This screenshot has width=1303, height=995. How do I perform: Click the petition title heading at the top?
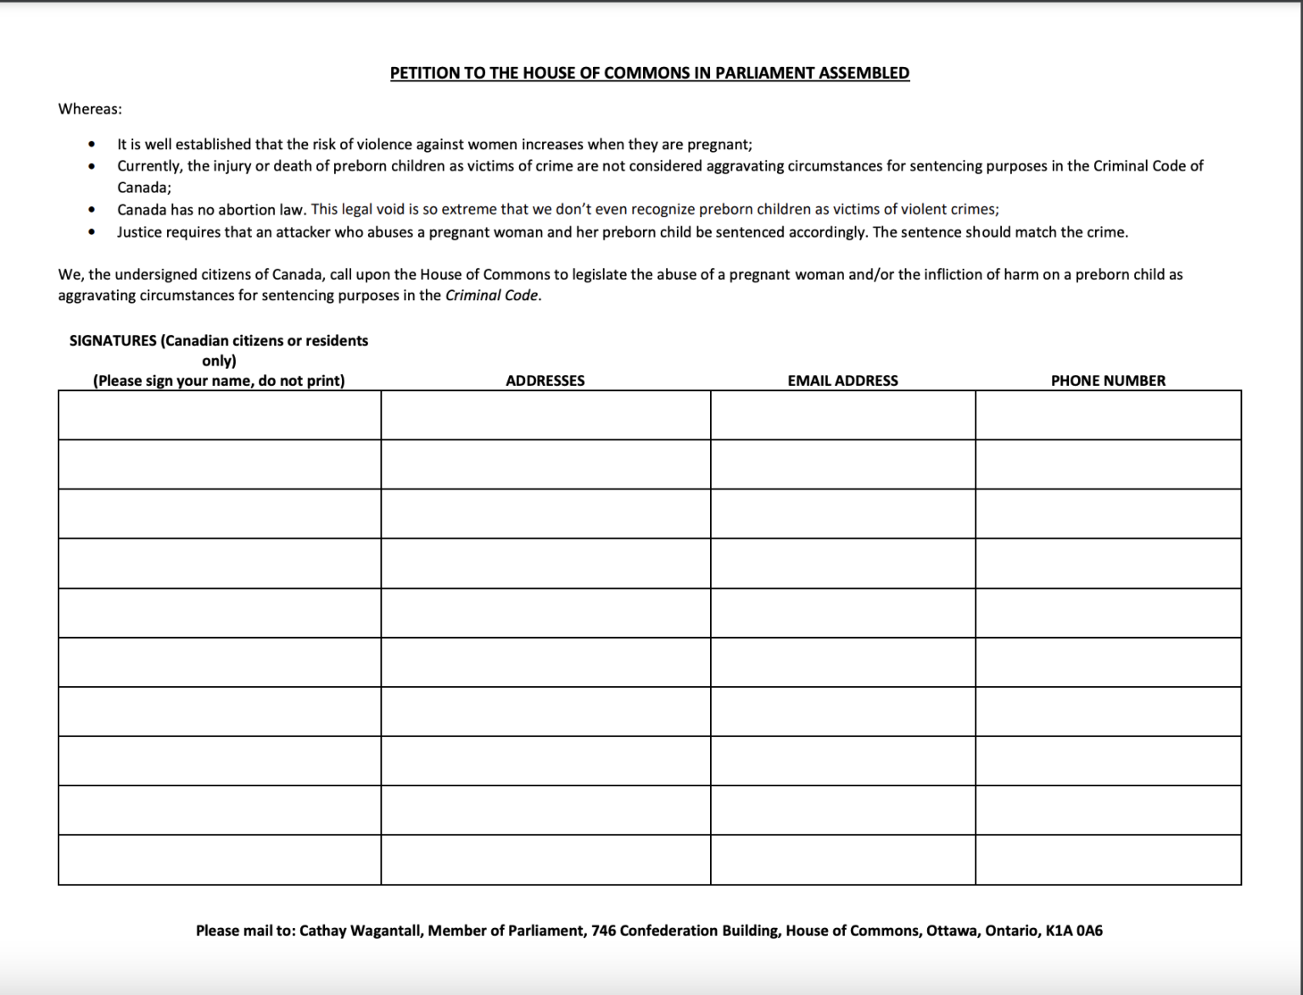coord(649,73)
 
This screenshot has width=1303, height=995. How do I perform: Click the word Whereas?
coord(89,109)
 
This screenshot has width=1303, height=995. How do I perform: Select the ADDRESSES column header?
coord(545,381)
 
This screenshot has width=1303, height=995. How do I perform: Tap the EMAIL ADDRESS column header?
coord(842,381)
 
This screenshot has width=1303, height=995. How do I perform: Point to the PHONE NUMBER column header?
coord(1108,381)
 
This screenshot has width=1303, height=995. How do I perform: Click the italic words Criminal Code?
coord(491,295)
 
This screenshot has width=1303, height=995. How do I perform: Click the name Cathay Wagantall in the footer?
coord(361,931)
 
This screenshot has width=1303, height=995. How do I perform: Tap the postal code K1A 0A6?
coord(1074,931)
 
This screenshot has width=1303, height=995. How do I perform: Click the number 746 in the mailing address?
coord(603,931)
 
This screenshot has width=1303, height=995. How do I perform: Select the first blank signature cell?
coord(219,415)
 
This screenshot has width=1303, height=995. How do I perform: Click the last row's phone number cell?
coord(1108,860)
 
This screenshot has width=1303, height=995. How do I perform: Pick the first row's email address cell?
coord(842,415)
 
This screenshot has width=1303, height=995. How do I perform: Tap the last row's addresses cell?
coord(545,860)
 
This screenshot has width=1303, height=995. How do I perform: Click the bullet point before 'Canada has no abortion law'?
coord(92,210)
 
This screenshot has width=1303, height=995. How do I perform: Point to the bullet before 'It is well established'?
coord(92,145)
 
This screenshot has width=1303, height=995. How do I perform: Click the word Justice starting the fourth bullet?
coord(139,232)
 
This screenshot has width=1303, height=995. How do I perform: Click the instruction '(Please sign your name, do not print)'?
coord(219,381)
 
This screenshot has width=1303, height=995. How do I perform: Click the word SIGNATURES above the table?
coord(113,341)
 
